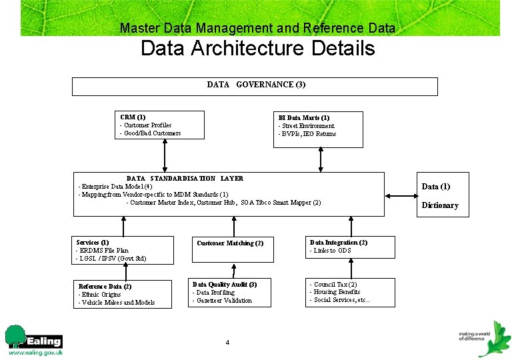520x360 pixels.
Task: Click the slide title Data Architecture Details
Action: (x=257, y=49)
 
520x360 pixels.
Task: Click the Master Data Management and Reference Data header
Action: (x=257, y=28)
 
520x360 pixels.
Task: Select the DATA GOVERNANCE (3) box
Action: (x=255, y=86)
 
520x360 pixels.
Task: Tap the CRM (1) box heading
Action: (x=133, y=117)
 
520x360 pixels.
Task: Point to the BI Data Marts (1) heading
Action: (x=303, y=118)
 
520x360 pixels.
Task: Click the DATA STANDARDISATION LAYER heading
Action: (x=185, y=179)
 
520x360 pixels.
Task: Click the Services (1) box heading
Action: (x=93, y=243)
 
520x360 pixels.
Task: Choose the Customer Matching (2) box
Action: (x=230, y=243)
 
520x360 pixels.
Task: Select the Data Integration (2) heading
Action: (x=338, y=243)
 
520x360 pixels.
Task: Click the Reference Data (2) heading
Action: (x=105, y=287)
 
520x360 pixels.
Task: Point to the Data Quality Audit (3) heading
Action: (x=224, y=285)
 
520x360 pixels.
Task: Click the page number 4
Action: (x=227, y=343)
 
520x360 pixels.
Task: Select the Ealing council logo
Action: (x=33, y=340)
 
